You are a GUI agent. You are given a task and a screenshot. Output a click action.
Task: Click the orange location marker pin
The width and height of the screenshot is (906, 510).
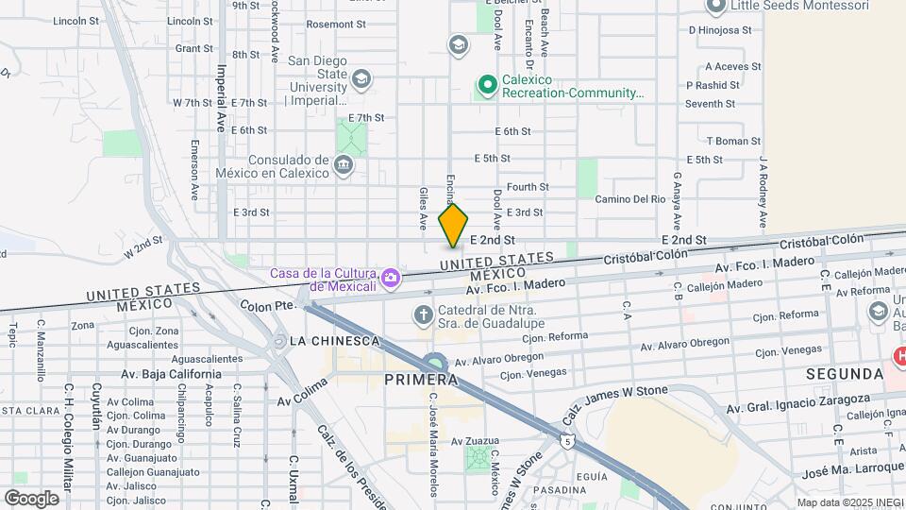[453, 226]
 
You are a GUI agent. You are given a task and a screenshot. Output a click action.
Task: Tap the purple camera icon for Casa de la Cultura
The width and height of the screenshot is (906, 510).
[391, 279]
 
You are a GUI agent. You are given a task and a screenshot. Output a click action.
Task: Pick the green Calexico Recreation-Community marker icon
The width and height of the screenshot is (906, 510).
[487, 87]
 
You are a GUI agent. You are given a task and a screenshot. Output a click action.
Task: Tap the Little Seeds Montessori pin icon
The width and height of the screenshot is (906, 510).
[715, 6]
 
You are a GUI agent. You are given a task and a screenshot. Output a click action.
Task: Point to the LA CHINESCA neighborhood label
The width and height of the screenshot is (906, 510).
[334, 340]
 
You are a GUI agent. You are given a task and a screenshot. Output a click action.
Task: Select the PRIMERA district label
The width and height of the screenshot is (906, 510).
[421, 379]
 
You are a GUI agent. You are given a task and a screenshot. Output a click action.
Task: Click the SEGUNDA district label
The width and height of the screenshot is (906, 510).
[843, 375]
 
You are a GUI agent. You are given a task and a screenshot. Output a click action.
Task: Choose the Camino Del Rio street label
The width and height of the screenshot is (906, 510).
[630, 199]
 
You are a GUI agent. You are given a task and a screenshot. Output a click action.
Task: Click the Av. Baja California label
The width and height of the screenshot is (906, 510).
[171, 374]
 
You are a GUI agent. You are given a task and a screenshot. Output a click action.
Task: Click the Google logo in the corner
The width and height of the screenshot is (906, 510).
[31, 498]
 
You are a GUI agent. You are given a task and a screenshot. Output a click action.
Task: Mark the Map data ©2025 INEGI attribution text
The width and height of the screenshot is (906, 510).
[849, 502]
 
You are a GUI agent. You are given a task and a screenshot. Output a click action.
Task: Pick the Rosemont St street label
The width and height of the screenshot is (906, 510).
[329, 25]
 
